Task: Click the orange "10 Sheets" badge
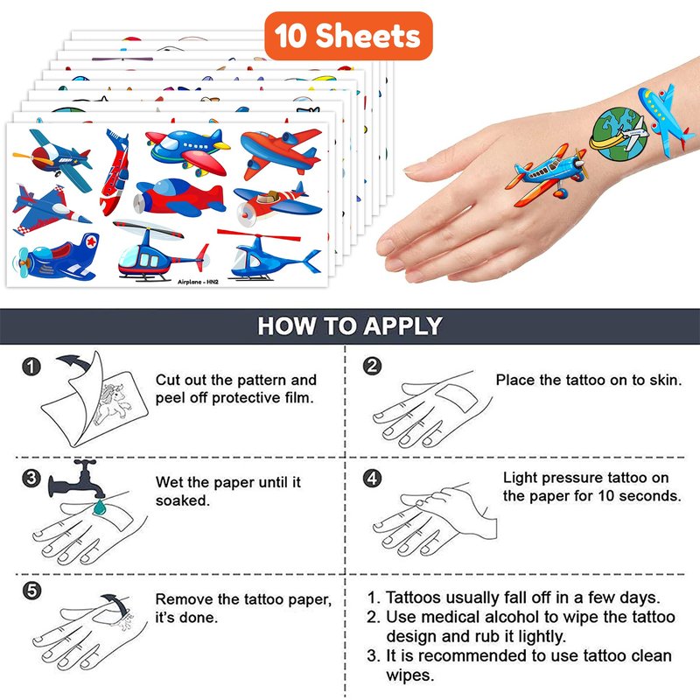coord(348,36)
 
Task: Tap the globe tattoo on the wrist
coord(619,134)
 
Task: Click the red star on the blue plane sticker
coord(91,241)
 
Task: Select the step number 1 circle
coord(31,367)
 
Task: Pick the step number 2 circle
coord(372,366)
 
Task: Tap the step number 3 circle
coord(31,478)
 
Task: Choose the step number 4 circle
coord(372,478)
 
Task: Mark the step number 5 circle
coord(31,591)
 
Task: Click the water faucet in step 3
coord(77,479)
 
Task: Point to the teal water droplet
coord(99,507)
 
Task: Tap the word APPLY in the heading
coord(402,325)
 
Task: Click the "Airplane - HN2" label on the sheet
coord(198,282)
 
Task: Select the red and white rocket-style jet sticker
coord(115,171)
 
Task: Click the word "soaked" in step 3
coord(182,500)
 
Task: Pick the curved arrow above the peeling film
coord(75,362)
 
